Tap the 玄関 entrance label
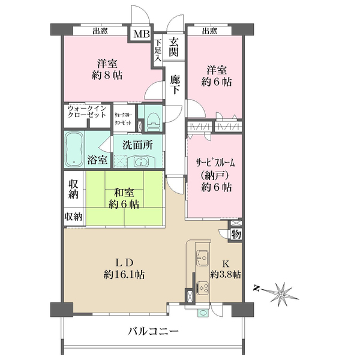pos(173,47)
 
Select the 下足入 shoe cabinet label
pos(158,50)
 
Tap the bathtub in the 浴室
pos(74,149)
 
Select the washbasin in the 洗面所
pos(141,162)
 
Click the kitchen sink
pos(202,258)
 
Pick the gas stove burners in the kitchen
pos(203,288)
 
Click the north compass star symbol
pos(281,293)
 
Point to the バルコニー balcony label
pos(153,331)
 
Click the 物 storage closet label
pos(236,235)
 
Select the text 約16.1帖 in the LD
pos(124,274)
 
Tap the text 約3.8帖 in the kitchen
pos(226,274)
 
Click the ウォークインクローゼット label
pos(87,112)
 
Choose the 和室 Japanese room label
pos(124,193)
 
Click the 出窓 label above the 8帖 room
pos(100,31)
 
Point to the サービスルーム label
pos(215,163)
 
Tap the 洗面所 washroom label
pos(137,145)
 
